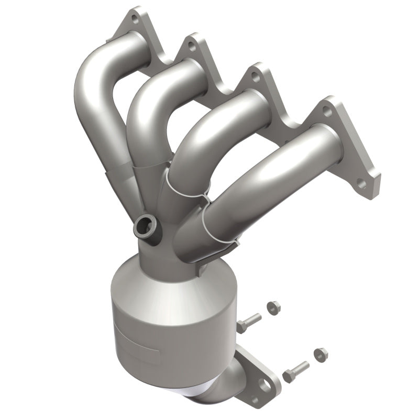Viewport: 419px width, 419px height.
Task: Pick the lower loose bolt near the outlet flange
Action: point(295,372)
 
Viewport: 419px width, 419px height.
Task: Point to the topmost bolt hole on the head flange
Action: point(135,20)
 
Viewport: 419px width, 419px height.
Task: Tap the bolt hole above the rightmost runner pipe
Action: point(326,111)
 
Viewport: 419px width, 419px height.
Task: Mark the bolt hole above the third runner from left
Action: point(255,76)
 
